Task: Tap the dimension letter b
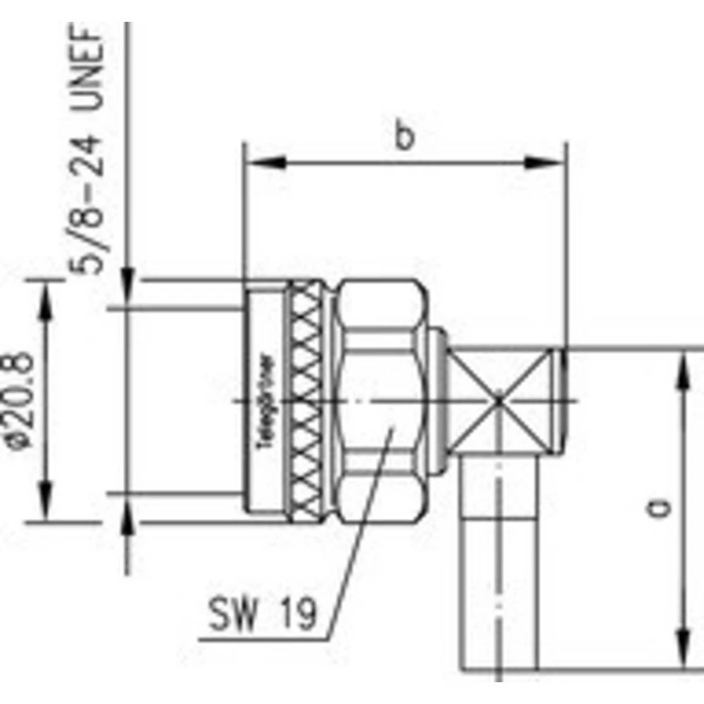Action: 403,136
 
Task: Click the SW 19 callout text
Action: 261,617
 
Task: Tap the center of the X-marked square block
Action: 499,401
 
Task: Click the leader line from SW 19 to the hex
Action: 356,535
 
